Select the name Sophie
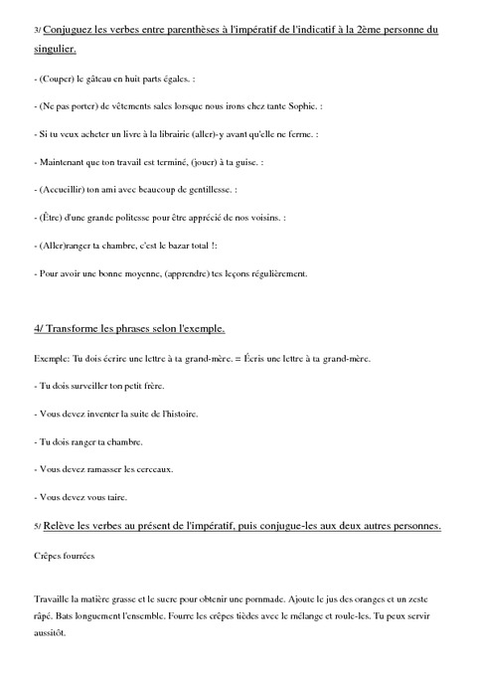pos(335,106)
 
